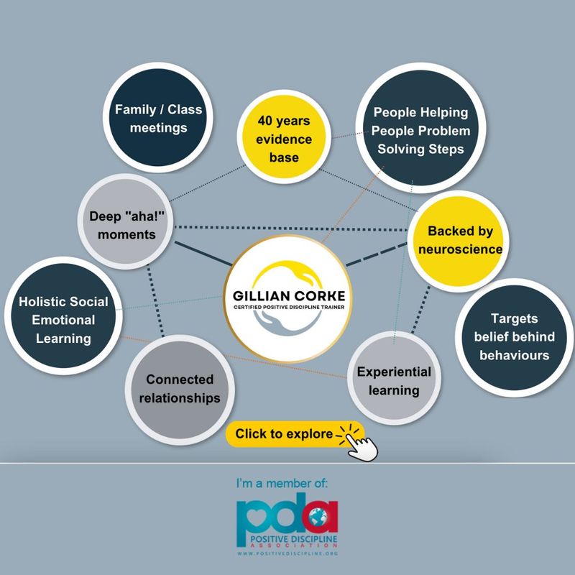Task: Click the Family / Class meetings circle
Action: tap(158, 117)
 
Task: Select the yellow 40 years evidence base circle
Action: tap(284, 137)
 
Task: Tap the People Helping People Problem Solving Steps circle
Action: tap(420, 128)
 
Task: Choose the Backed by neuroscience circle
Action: tap(458, 241)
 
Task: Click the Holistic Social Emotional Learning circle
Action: tap(63, 316)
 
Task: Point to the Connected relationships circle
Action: tap(180, 390)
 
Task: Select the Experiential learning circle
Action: tap(394, 378)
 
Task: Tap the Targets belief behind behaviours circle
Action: tap(515, 337)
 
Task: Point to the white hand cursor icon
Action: tap(362, 446)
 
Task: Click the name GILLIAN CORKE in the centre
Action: tap(289, 296)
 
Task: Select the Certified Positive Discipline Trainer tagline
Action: tap(289, 307)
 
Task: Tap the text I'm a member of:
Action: tap(282, 483)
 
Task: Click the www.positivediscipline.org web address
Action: tap(287, 553)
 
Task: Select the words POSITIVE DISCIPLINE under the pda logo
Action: tap(293, 539)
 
